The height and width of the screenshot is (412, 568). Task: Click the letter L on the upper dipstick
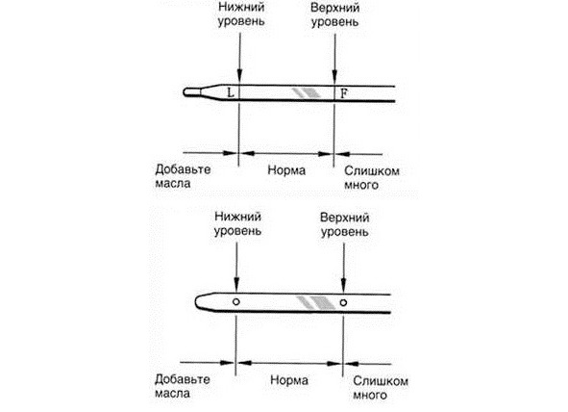pyautogui.click(x=231, y=92)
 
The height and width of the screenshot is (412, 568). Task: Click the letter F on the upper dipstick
pyautogui.click(x=344, y=93)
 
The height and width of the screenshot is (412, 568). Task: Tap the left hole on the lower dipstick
pyautogui.click(x=236, y=301)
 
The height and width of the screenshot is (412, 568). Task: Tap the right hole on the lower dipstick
pyautogui.click(x=343, y=302)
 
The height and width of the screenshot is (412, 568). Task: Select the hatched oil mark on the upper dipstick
pyautogui.click(x=307, y=92)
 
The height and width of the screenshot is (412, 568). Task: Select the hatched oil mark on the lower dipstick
pyautogui.click(x=316, y=302)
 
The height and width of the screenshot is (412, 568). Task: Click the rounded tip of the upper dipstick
pyautogui.click(x=185, y=92)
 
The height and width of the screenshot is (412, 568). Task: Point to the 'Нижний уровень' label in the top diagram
pyautogui.click(x=241, y=14)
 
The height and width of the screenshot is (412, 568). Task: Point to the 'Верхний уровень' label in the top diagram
pyautogui.click(x=335, y=14)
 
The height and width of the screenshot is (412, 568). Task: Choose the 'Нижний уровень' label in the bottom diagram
pyautogui.click(x=237, y=224)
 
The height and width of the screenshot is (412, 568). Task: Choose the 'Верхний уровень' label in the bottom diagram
pyautogui.click(x=344, y=225)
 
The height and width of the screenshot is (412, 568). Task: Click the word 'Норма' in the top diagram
pyautogui.click(x=286, y=170)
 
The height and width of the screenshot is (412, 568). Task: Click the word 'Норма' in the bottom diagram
pyautogui.click(x=289, y=380)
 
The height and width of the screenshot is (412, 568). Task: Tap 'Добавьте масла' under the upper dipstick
pyautogui.click(x=183, y=176)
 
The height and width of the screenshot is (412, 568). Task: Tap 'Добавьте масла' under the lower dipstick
pyautogui.click(x=182, y=387)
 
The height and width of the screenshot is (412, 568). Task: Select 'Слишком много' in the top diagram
pyautogui.click(x=372, y=178)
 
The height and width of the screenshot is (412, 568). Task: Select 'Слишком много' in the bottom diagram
pyautogui.click(x=381, y=388)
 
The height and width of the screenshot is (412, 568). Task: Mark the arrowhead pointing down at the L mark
pyautogui.click(x=239, y=76)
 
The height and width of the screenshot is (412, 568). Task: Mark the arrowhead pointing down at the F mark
pyautogui.click(x=334, y=76)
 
